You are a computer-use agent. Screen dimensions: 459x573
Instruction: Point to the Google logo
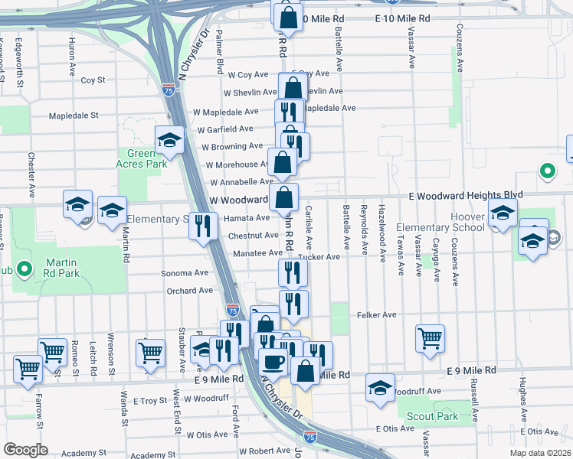25,450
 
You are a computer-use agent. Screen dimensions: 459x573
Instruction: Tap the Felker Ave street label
376,314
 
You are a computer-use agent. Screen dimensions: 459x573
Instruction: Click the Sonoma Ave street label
185,272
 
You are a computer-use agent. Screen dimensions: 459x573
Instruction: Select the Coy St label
93,80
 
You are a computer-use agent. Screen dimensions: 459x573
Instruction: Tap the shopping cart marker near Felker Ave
431,337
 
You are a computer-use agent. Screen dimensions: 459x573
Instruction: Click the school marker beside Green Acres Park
169,139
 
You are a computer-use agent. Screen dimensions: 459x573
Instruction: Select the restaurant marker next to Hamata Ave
203,226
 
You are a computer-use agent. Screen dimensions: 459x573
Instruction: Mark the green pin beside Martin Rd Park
23,269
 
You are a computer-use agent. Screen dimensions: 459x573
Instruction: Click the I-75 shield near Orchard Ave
232,310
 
